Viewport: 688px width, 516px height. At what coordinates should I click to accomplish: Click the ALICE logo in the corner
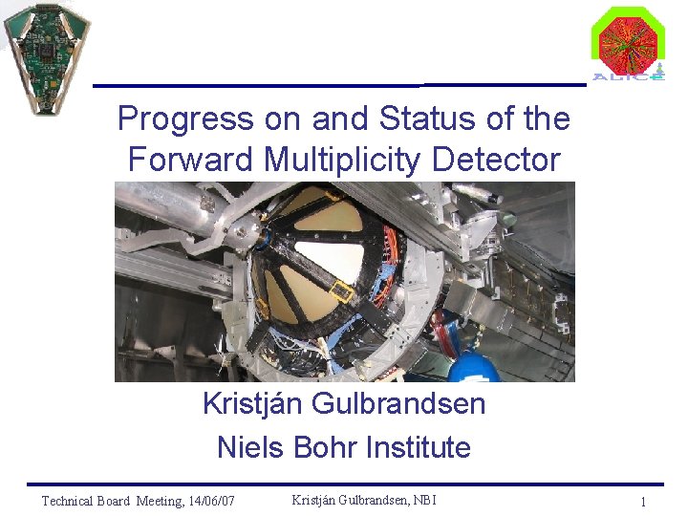(627, 43)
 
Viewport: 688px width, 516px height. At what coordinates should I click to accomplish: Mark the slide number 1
(644, 502)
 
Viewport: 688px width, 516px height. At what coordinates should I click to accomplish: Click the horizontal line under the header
(339, 85)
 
